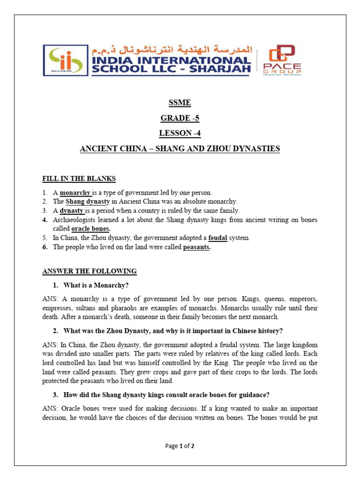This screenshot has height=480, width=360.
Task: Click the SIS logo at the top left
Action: click(x=65, y=60)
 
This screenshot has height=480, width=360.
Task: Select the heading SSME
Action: click(x=180, y=103)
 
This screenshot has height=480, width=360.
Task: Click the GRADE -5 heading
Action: click(x=180, y=118)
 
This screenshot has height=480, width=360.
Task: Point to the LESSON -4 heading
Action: click(x=180, y=133)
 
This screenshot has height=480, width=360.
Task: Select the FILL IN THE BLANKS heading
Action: click(x=79, y=179)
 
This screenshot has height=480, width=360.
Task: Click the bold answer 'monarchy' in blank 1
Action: click(x=75, y=193)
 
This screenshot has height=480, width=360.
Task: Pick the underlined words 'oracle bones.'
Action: click(x=91, y=229)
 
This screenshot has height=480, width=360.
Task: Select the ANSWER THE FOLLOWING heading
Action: click(x=90, y=271)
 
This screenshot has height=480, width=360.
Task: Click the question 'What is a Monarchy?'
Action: click(x=96, y=285)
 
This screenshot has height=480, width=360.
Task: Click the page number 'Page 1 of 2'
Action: click(x=180, y=446)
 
